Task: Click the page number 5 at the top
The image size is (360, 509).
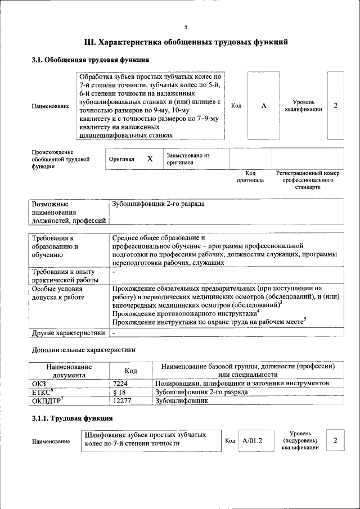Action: (x=186, y=27)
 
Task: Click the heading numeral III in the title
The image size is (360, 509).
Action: (x=90, y=42)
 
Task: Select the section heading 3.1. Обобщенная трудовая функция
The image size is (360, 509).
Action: (x=90, y=60)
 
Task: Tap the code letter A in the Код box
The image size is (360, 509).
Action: (x=263, y=106)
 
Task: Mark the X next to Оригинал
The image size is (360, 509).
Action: (x=150, y=159)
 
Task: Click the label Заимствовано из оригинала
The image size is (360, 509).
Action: (x=188, y=159)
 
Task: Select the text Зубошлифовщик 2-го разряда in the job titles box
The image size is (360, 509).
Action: (x=159, y=204)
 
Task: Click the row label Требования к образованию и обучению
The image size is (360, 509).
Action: (x=55, y=246)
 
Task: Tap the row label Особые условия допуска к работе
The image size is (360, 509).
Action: (x=57, y=296)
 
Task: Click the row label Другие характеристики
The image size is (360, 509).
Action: (x=69, y=333)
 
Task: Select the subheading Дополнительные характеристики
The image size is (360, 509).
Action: (x=83, y=350)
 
